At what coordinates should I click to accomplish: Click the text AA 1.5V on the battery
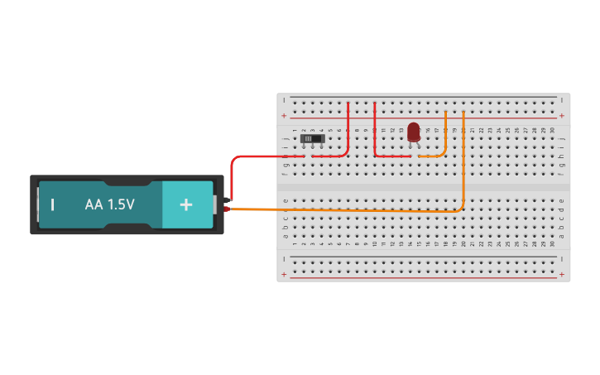click(x=109, y=204)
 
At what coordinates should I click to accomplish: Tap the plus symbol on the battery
click(x=186, y=204)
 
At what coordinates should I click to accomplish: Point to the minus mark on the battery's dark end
click(x=53, y=204)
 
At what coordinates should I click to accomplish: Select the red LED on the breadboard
click(x=414, y=132)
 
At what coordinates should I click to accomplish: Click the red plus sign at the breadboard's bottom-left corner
click(x=284, y=274)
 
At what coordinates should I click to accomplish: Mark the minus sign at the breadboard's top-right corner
click(x=562, y=101)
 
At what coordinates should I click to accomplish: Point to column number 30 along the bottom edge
click(x=553, y=243)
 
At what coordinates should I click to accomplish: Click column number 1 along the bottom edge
click(x=295, y=243)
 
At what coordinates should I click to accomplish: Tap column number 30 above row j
click(x=553, y=130)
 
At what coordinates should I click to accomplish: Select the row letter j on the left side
click(x=286, y=138)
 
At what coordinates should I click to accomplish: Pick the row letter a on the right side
click(x=562, y=236)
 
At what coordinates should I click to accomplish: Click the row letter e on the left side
click(x=286, y=201)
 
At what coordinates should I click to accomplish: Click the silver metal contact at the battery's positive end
click(x=214, y=204)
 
